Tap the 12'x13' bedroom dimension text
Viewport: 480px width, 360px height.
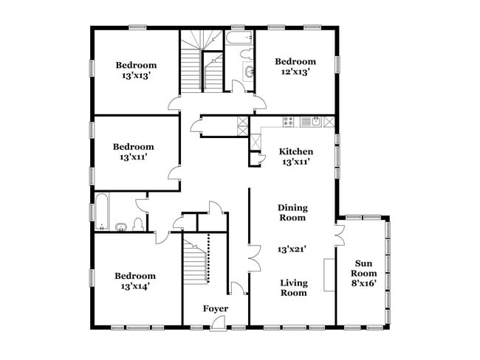295,72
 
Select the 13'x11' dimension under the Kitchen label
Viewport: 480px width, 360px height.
294,162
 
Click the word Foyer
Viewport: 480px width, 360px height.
215,308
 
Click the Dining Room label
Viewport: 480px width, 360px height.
292,212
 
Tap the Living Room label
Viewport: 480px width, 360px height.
293,288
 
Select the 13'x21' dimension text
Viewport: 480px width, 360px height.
292,249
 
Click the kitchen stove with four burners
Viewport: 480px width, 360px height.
287,121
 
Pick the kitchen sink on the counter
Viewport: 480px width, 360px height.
315,121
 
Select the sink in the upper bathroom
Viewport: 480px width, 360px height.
249,72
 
